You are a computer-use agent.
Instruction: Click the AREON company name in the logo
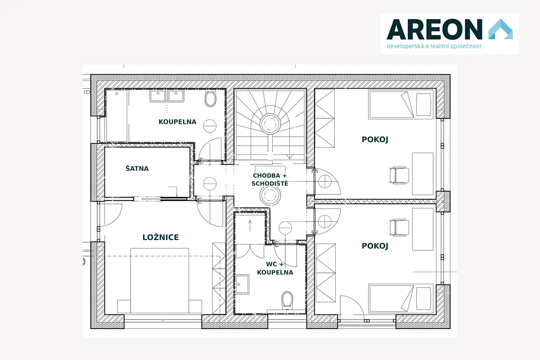click(x=434, y=29)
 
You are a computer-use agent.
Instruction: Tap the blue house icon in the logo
click(x=500, y=29)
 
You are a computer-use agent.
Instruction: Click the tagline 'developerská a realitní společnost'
click(x=434, y=46)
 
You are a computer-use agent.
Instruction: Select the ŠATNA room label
click(x=137, y=168)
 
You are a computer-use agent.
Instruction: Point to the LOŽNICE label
click(x=161, y=237)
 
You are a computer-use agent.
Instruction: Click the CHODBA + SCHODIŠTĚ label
click(x=270, y=180)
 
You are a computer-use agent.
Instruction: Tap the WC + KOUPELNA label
click(x=275, y=268)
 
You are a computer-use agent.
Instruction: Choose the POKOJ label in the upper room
click(x=375, y=139)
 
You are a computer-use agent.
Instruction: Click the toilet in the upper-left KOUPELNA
click(x=211, y=99)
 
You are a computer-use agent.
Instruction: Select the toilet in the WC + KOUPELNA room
click(x=287, y=300)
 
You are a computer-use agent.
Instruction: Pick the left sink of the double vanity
click(x=157, y=96)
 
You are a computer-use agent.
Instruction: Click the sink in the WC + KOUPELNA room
click(x=242, y=284)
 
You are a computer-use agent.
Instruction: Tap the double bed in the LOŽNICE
click(x=160, y=281)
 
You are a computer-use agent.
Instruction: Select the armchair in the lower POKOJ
click(x=399, y=227)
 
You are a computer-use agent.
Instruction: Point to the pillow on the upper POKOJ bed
click(x=423, y=104)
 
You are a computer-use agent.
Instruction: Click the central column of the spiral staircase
click(x=270, y=124)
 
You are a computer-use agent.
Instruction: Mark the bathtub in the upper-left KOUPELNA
click(x=117, y=116)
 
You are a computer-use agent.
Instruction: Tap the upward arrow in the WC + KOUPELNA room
click(x=250, y=226)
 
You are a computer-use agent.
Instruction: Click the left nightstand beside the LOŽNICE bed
click(x=124, y=306)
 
